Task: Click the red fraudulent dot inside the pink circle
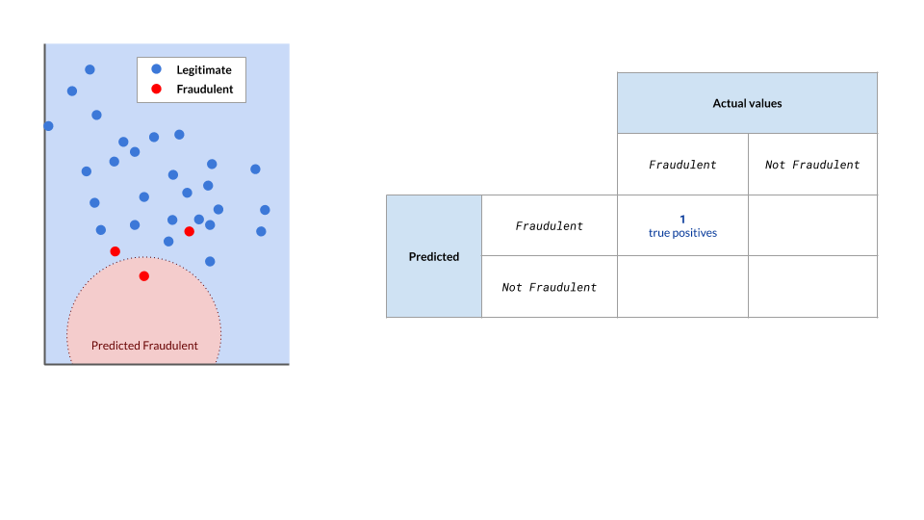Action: point(144,276)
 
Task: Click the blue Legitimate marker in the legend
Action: point(156,69)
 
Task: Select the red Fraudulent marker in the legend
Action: point(156,90)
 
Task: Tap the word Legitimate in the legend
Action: point(204,70)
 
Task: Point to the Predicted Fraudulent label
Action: point(144,346)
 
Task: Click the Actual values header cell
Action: point(747,103)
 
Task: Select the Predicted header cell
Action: point(434,256)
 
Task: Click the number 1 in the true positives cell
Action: point(682,219)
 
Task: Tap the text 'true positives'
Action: point(682,233)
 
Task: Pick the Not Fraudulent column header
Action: point(812,165)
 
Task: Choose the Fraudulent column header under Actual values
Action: point(682,165)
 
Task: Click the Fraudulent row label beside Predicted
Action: point(549,226)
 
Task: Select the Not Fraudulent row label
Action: point(549,287)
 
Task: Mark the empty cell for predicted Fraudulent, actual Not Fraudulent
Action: point(812,225)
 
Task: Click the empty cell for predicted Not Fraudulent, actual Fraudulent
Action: point(682,287)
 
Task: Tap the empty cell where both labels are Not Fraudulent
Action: point(812,287)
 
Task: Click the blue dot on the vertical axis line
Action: point(48,126)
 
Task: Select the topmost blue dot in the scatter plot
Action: point(90,69)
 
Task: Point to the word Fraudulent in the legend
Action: point(205,90)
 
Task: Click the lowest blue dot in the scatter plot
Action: point(210,261)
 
